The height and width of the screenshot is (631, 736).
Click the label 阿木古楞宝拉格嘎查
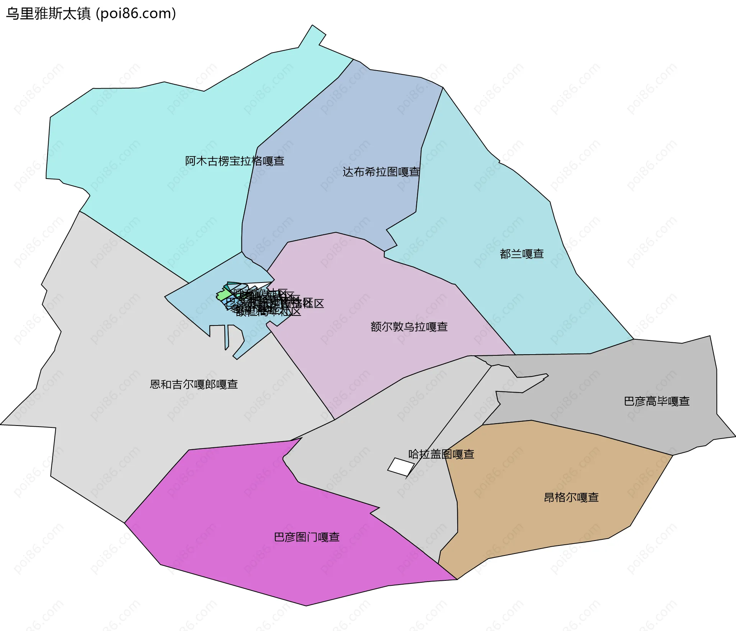tap(235, 161)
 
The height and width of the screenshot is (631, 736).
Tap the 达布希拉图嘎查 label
tap(381, 172)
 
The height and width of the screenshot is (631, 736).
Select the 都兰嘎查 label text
tap(522, 254)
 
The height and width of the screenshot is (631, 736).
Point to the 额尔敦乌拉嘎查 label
tap(409, 327)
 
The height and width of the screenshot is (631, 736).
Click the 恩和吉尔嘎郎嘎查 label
tap(194, 385)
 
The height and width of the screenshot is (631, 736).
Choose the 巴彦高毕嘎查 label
tap(657, 401)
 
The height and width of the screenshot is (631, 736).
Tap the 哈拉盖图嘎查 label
tap(441, 454)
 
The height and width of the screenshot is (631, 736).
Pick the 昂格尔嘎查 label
tap(571, 498)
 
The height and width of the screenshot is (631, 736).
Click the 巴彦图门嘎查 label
tap(307, 537)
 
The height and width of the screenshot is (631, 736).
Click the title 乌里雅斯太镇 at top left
tap(48, 14)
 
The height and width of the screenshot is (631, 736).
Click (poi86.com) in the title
tap(136, 14)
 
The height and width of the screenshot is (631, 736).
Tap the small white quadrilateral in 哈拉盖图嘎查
tap(401, 467)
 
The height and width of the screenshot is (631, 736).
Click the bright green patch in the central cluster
tap(223, 295)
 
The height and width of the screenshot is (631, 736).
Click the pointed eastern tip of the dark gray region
tap(734, 436)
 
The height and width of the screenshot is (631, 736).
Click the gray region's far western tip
tap(2, 424)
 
